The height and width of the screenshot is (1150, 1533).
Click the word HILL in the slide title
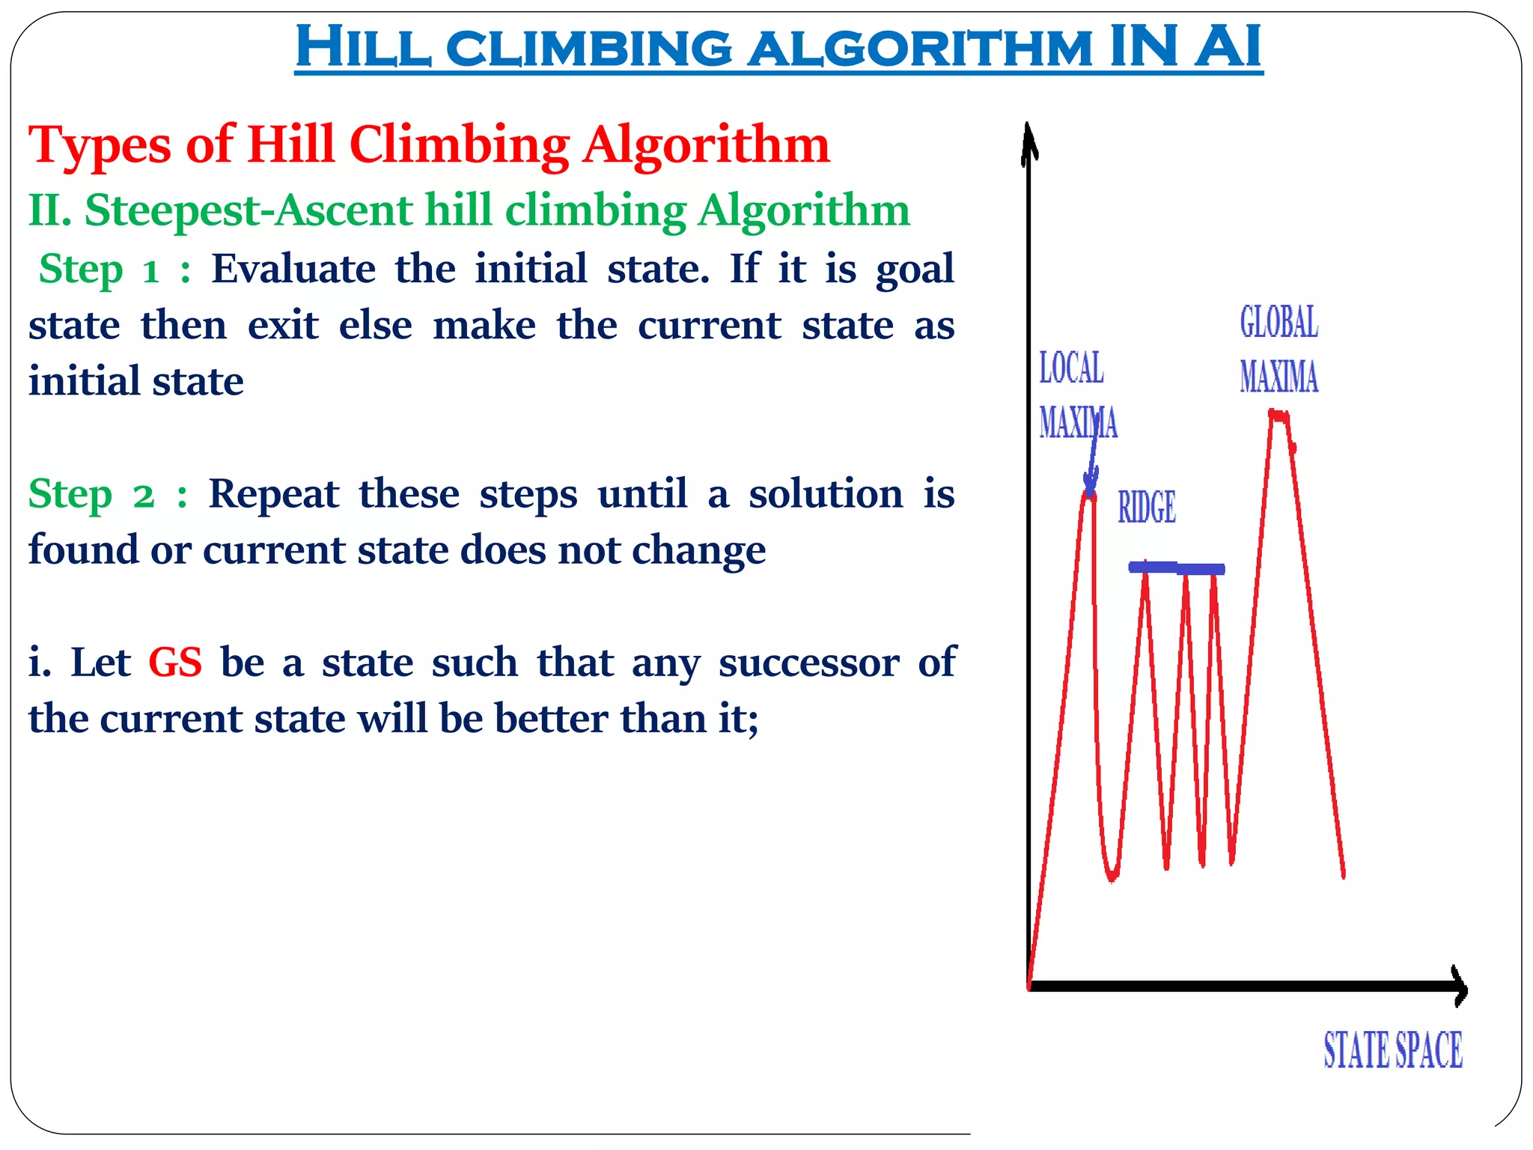[363, 46]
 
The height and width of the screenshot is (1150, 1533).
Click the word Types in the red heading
[100, 144]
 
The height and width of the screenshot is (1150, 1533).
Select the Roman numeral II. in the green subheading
[49, 210]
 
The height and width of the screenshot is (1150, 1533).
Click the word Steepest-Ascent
[248, 210]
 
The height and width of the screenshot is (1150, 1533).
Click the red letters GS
[175, 663]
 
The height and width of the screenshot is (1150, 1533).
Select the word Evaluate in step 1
[293, 269]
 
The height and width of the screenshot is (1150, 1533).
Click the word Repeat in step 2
[273, 494]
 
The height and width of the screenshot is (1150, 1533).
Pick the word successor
[809, 663]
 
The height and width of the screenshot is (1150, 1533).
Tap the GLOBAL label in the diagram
[1278, 323]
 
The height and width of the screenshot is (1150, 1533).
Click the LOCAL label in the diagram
[1071, 368]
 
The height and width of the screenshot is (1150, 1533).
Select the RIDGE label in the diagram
[1147, 507]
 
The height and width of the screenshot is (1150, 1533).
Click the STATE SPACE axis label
[1393, 1050]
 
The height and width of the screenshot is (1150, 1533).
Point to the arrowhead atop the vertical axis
[1030, 142]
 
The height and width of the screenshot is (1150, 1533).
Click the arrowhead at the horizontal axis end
[1459, 986]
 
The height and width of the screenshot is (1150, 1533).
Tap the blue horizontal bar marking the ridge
[1177, 568]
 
